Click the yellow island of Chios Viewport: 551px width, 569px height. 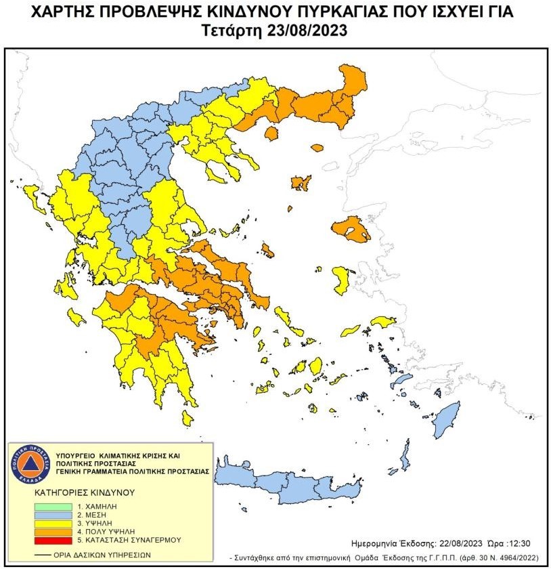[340, 278]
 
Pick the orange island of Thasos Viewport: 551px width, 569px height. [270, 133]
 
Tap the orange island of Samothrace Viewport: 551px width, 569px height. [316, 148]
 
